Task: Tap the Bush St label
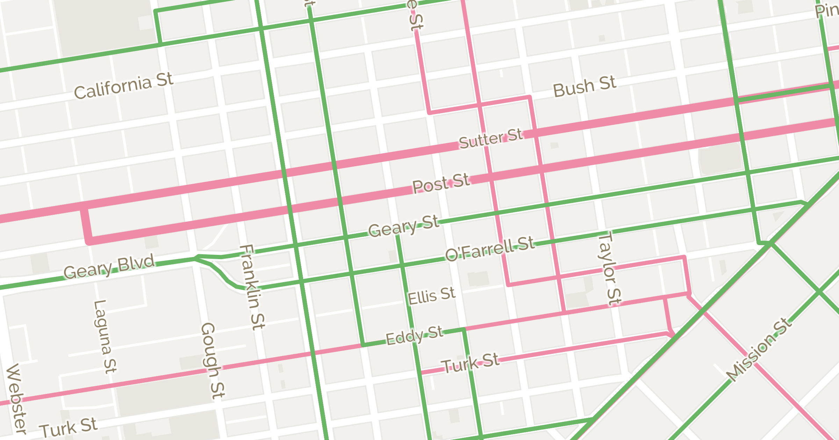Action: coord(584,87)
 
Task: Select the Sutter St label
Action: coord(491,139)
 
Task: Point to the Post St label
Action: coord(441,183)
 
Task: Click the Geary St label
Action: coord(403,226)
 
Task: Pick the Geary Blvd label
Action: coord(109,267)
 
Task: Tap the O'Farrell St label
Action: coord(490,249)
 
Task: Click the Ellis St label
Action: coord(431,296)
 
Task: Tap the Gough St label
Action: coord(213,360)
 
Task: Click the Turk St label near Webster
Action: coord(68,427)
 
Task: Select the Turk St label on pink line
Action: coord(471,363)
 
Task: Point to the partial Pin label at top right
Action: coord(827,10)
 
